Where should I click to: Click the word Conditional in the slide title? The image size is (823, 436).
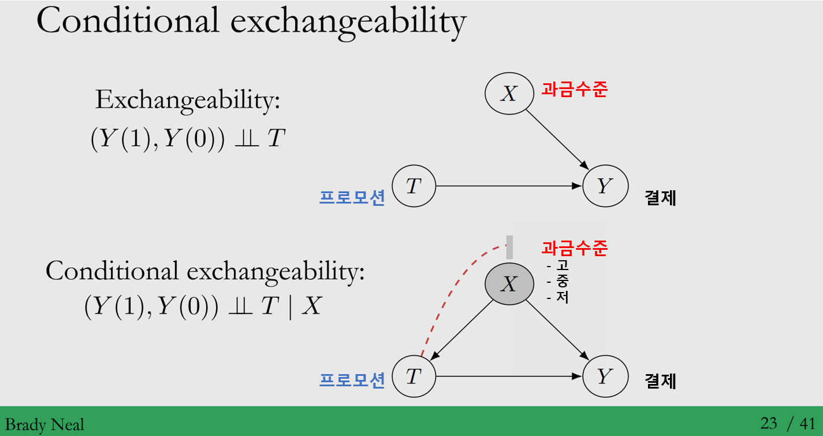(128, 22)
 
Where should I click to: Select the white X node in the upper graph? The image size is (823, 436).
(508, 93)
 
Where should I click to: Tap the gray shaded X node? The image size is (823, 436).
(508, 284)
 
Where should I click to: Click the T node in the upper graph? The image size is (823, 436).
(413, 186)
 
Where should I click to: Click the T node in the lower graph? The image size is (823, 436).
(413, 377)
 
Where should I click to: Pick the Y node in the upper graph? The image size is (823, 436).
(605, 186)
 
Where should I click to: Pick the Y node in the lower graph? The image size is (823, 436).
(605, 377)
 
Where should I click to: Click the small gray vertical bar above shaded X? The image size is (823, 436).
(509, 247)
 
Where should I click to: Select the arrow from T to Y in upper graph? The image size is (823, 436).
(508, 186)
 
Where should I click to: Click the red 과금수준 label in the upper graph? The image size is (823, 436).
(574, 90)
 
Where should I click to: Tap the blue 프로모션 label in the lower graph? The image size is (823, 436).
(352, 380)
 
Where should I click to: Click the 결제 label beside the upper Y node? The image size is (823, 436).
(660, 198)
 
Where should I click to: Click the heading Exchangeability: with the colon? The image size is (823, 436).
(188, 101)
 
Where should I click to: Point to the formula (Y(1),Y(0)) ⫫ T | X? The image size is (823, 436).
(202, 307)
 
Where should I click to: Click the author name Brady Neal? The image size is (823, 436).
(44, 425)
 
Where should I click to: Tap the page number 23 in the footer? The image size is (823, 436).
(768, 424)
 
